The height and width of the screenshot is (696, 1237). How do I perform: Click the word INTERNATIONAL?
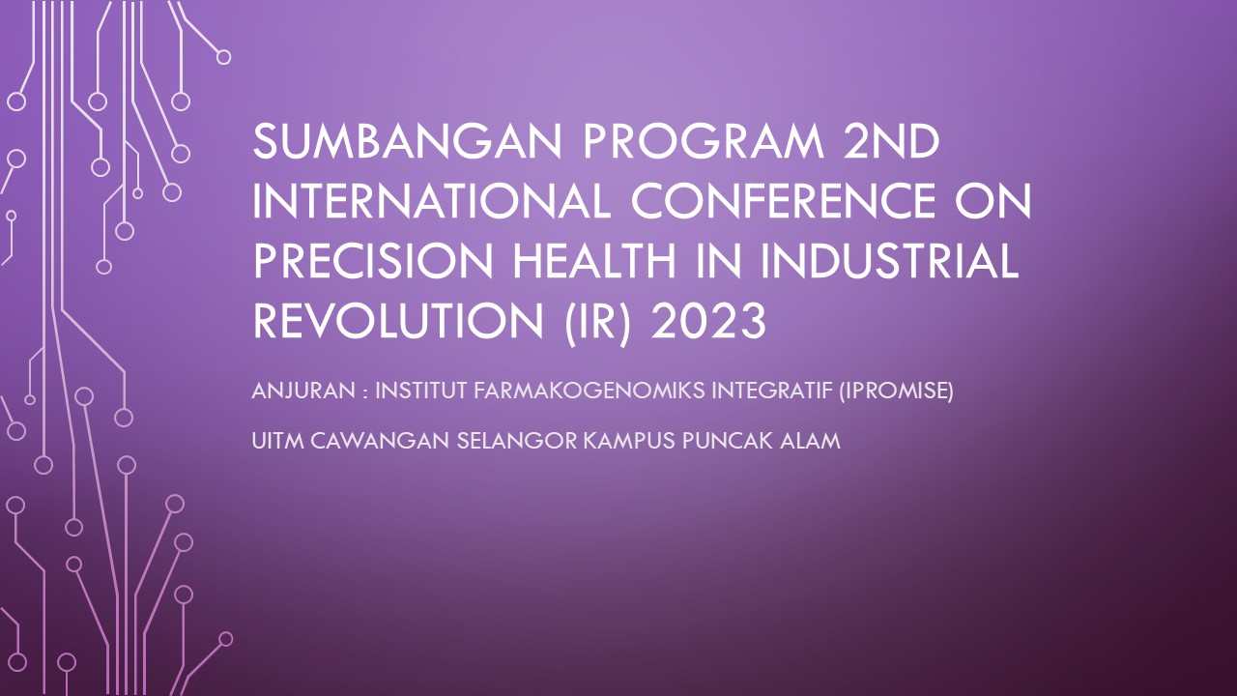click(431, 202)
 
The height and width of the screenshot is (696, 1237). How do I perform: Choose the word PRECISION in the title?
click(373, 261)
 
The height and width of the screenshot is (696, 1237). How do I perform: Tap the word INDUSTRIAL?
click(889, 261)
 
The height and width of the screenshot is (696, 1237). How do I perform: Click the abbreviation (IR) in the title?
click(597, 323)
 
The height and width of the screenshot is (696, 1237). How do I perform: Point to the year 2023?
click(708, 321)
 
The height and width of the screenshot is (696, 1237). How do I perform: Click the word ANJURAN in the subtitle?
click(303, 391)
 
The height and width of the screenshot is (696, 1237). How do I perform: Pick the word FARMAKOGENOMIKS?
click(590, 391)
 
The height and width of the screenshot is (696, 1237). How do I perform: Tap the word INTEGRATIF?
click(772, 391)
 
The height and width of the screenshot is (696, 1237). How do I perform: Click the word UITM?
click(277, 442)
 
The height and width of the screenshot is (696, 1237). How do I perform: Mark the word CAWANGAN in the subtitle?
click(380, 442)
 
